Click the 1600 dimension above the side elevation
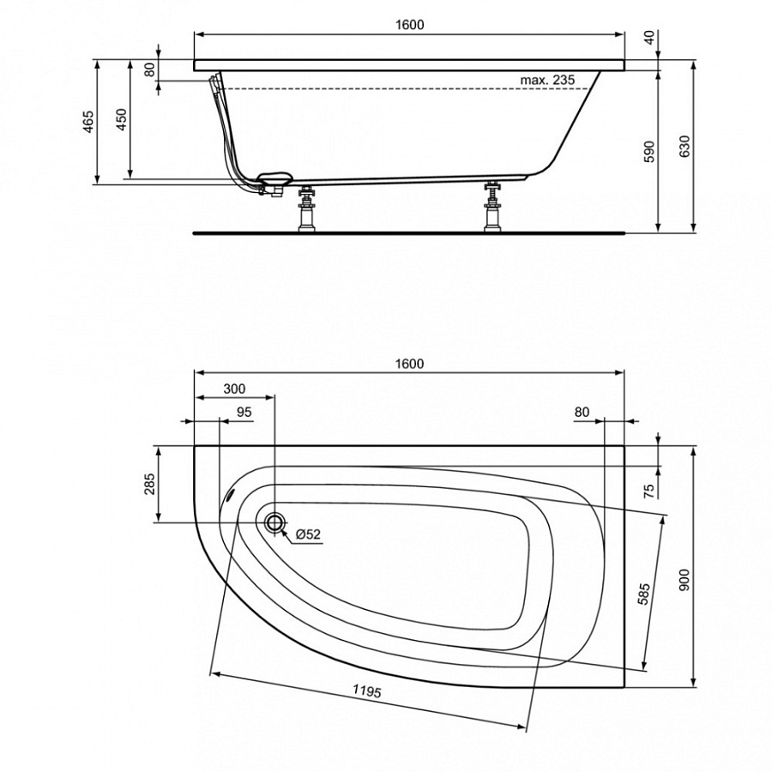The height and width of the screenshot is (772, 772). pos(410,25)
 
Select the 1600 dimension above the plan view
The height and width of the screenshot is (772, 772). pos(410,363)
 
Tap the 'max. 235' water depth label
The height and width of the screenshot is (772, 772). pos(546,80)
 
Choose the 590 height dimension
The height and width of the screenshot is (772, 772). pos(649,151)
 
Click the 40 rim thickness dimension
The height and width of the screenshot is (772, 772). pos(648,37)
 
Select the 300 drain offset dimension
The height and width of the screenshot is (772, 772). pos(233,388)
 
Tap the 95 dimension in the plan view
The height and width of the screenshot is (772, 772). pos(244,412)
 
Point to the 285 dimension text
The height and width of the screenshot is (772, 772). pos(148,485)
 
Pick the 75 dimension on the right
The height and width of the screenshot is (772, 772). pos(648,490)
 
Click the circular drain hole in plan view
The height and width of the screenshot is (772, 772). pos(275,522)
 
